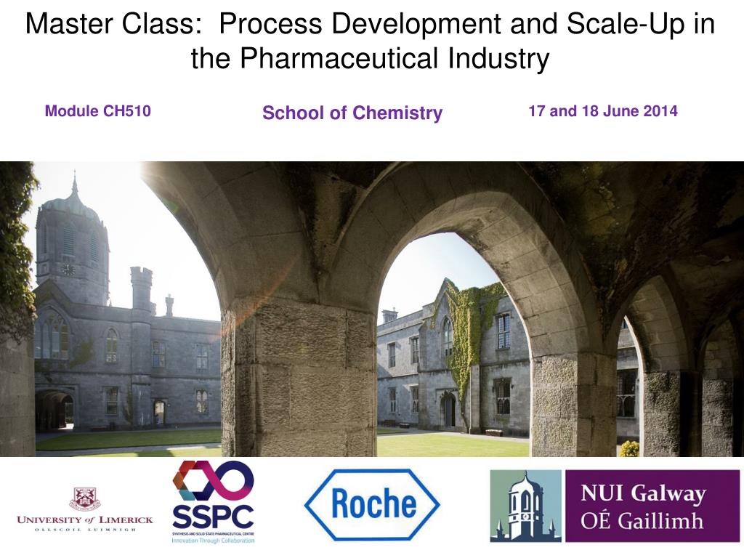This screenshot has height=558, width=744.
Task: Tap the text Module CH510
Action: (x=98, y=111)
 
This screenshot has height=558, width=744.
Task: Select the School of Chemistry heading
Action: (x=352, y=113)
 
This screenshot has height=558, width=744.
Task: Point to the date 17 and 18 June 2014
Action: (x=602, y=111)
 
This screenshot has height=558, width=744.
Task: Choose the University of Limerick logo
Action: (x=85, y=509)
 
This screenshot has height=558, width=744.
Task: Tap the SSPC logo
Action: (x=213, y=502)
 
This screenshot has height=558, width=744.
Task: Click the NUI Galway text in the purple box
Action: (x=642, y=494)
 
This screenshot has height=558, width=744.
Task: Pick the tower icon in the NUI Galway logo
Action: (x=525, y=506)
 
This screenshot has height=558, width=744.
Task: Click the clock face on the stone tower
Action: (x=68, y=269)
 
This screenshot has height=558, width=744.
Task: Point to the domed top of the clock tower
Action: (x=73, y=203)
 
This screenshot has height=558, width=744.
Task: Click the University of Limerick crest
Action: (x=85, y=498)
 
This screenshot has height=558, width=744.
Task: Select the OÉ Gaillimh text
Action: (x=642, y=520)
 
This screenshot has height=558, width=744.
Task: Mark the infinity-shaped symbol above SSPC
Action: (x=213, y=481)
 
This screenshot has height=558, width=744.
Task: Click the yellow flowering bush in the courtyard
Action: (x=629, y=448)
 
